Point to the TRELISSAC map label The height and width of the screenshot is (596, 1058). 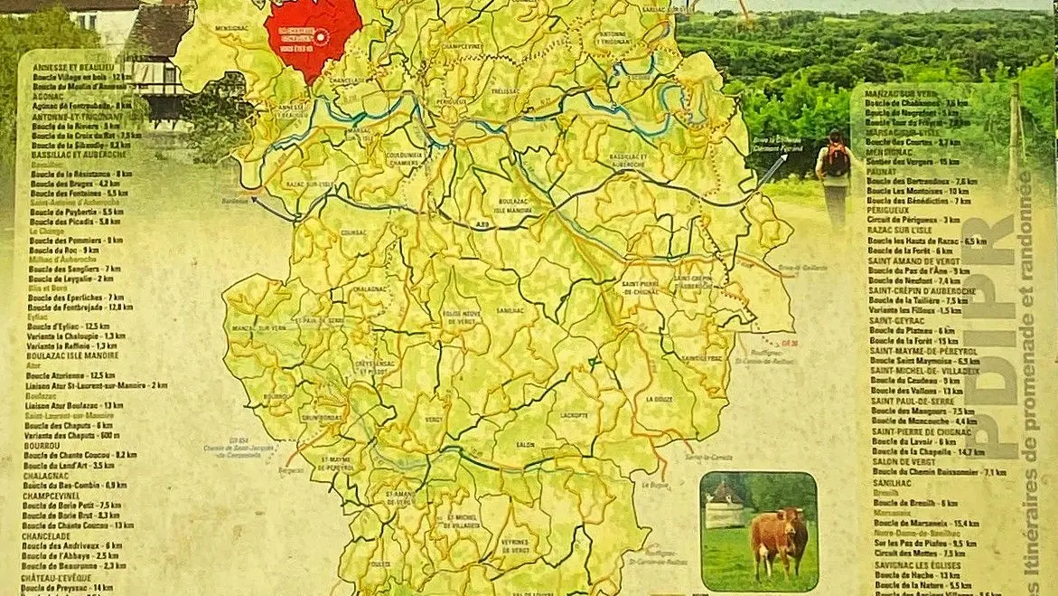504,91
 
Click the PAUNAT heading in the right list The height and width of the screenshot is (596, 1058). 883,171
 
